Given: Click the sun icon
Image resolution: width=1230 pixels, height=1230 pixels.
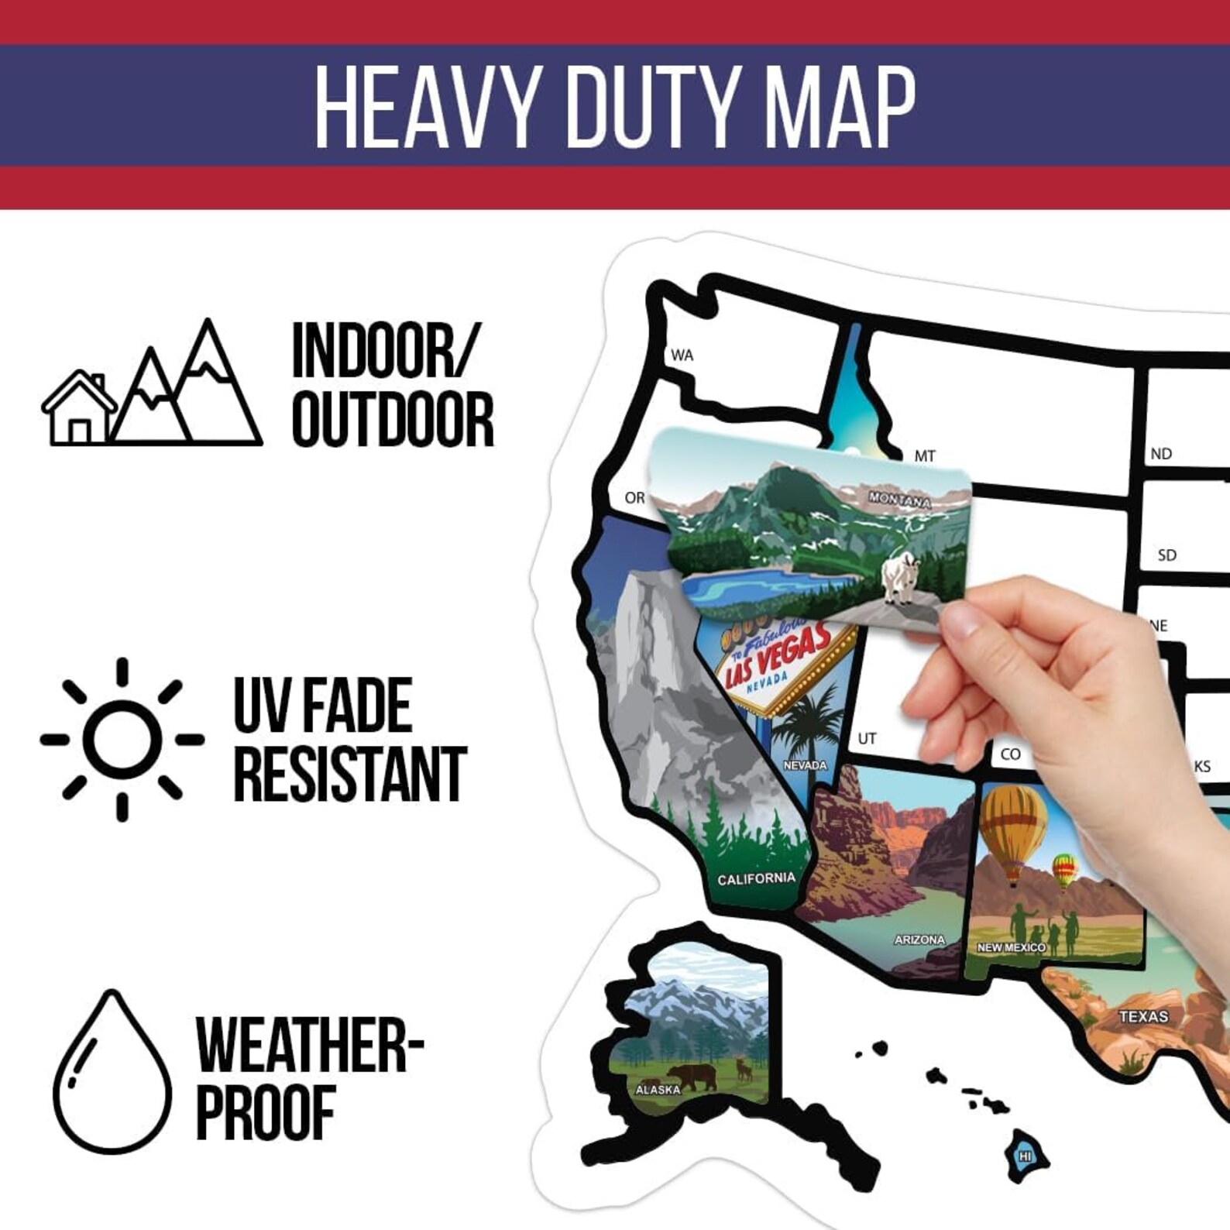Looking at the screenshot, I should point(122,739).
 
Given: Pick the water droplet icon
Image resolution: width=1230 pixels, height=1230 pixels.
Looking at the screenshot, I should point(112,1073).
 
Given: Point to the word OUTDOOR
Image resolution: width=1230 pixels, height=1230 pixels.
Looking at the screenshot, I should point(392,419).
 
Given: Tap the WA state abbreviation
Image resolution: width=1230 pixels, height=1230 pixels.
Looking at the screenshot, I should point(682,356).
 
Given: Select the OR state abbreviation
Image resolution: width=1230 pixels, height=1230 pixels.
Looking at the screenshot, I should point(634,498).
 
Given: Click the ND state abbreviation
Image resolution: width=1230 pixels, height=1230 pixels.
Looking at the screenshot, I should point(1160,454).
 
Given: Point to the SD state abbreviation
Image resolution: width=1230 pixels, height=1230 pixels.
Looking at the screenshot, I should point(1166,555).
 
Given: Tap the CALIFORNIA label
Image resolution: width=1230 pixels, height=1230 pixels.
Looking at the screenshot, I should point(756,878).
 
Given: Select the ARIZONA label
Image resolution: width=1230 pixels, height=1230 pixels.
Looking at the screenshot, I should point(919,940).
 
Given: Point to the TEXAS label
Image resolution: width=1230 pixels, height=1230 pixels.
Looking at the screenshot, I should point(1143,1016).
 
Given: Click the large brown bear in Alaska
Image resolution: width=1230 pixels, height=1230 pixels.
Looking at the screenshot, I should point(692,1076).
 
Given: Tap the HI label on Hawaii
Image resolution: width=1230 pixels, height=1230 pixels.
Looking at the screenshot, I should point(1025,1156).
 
